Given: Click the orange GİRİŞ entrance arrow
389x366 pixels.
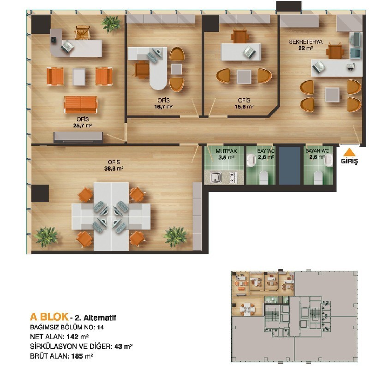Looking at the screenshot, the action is point(349,152).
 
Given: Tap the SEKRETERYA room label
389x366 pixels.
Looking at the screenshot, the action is point(305,42).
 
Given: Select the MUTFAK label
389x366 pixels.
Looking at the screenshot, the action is point(226,151).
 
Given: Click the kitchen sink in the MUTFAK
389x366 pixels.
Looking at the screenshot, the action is point(215,177).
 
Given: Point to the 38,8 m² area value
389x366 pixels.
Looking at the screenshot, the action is point(114,169).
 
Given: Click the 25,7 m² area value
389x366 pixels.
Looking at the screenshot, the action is point(83,126).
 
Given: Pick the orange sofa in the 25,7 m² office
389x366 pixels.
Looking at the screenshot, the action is point(81,104).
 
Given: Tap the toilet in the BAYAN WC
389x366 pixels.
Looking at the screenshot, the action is point(318,177).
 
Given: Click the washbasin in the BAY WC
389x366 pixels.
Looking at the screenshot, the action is point(251,160).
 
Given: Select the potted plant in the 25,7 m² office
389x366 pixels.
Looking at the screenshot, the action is point(111,24).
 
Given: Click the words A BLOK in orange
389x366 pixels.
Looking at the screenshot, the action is point(49,317).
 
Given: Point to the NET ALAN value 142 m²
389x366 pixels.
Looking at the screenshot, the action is point(78,337).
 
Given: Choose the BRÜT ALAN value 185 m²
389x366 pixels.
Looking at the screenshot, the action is point(82,356).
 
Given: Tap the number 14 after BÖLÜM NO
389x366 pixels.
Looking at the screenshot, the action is point(100,327).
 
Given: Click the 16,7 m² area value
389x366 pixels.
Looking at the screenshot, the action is point(163,107).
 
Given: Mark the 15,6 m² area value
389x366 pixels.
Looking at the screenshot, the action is point(244,107).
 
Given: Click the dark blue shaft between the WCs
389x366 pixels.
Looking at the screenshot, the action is point(289,166).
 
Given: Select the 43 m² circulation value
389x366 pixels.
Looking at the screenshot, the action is point(123,347).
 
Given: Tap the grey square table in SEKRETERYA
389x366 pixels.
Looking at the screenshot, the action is point(332,95).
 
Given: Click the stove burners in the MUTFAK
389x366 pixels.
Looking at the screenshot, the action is point(232,177).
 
